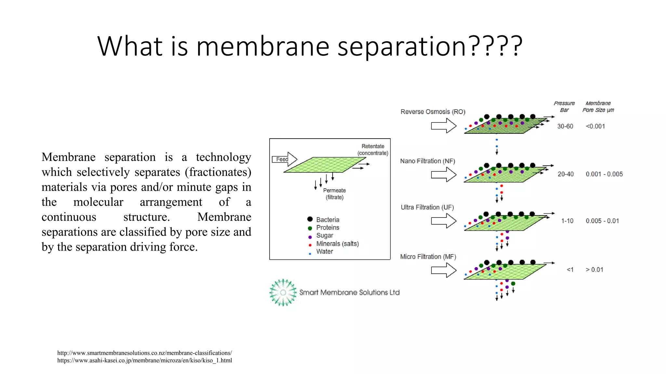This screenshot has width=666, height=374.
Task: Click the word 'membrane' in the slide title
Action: click(263, 46)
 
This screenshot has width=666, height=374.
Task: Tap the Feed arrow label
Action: click(282, 159)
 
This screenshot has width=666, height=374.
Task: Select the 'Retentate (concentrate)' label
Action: click(373, 150)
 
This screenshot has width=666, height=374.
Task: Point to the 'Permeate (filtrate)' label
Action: click(334, 194)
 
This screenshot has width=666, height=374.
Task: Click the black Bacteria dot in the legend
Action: click(310, 219)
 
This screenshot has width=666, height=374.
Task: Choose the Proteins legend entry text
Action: click(327, 228)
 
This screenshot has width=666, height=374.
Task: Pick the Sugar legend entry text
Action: click(325, 235)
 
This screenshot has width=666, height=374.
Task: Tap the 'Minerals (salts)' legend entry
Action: click(337, 243)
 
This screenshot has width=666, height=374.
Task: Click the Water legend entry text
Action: click(325, 252)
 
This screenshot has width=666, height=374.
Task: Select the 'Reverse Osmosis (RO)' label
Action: click(433, 112)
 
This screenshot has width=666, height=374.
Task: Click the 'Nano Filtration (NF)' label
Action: click(428, 161)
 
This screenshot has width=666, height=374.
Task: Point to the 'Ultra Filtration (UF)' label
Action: click(427, 207)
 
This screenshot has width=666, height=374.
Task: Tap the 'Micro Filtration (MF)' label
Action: click(428, 257)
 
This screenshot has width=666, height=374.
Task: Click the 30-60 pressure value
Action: click(565, 126)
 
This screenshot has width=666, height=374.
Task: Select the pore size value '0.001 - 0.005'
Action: click(604, 174)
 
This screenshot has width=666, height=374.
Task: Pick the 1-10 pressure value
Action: click(567, 221)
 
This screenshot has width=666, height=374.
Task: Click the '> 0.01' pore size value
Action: click(594, 270)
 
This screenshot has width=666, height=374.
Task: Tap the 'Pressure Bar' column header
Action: click(564, 106)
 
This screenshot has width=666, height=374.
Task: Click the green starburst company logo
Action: click(283, 293)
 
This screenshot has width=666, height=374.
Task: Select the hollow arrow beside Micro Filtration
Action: click(444, 270)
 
